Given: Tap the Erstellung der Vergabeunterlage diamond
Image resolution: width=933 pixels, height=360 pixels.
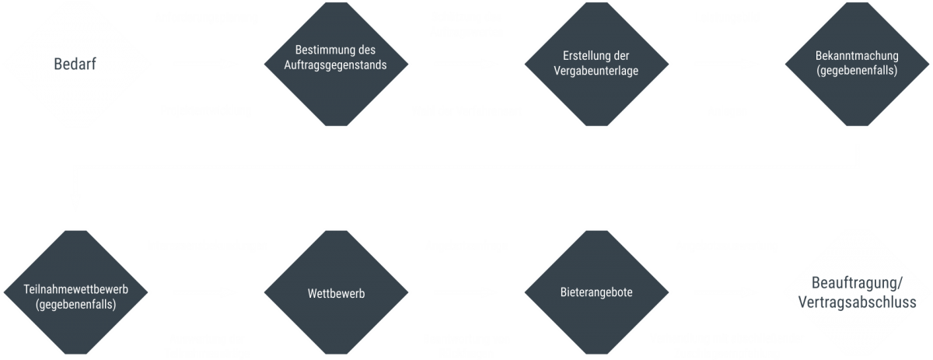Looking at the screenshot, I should [595, 65].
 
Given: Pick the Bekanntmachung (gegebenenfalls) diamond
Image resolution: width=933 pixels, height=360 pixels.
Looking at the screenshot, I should [857, 65].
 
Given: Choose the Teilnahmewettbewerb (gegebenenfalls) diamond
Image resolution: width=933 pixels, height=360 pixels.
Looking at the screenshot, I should [75, 294].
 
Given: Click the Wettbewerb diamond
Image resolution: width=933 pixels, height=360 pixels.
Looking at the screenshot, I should [336, 294].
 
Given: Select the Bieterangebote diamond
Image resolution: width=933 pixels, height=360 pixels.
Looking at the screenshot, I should [596, 294].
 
